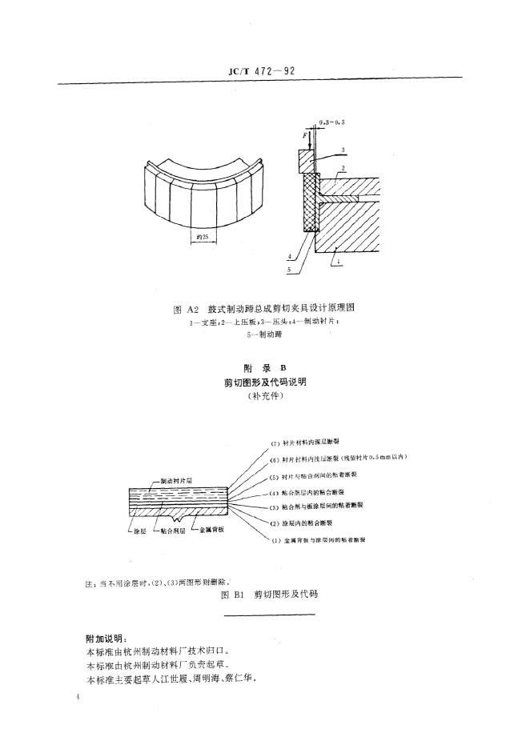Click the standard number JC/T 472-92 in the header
coord(263,70)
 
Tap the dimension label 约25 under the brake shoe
coord(200,237)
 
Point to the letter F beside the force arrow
coord(304,137)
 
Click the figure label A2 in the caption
coord(192,307)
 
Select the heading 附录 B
coord(263,368)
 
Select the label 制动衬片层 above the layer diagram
coord(177,480)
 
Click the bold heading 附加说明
coord(105,638)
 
